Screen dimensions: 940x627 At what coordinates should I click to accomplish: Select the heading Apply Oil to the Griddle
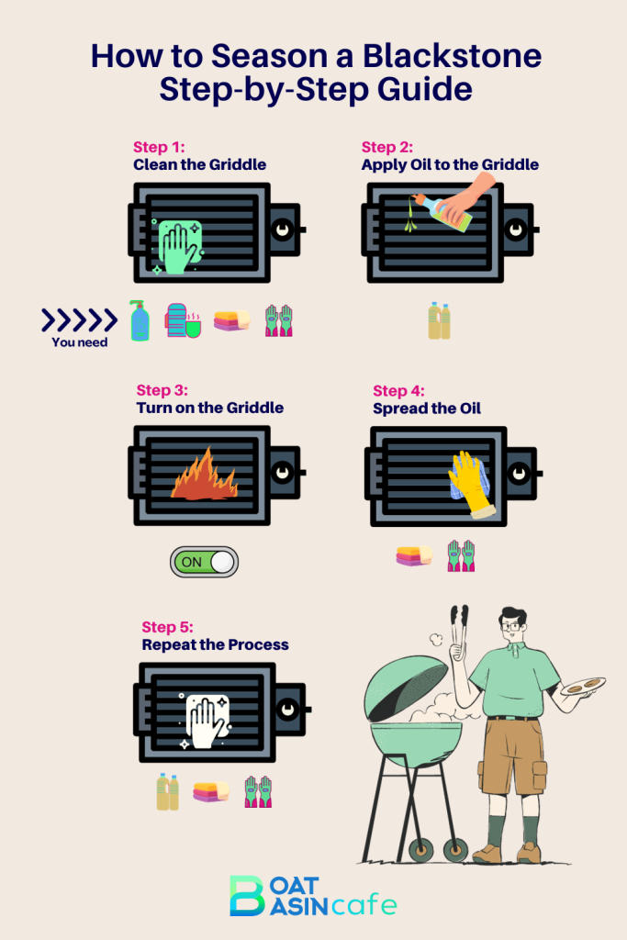pos(450,164)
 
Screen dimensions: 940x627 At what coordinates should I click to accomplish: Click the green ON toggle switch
pos(204,562)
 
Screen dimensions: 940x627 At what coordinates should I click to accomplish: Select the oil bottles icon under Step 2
pos(439,321)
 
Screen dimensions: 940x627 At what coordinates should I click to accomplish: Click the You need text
pos(79,342)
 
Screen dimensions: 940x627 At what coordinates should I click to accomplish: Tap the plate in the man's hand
pos(583,686)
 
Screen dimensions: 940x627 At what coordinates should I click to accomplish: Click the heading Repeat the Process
pos(215,644)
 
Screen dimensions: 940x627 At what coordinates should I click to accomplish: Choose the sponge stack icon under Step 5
pos(211,791)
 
